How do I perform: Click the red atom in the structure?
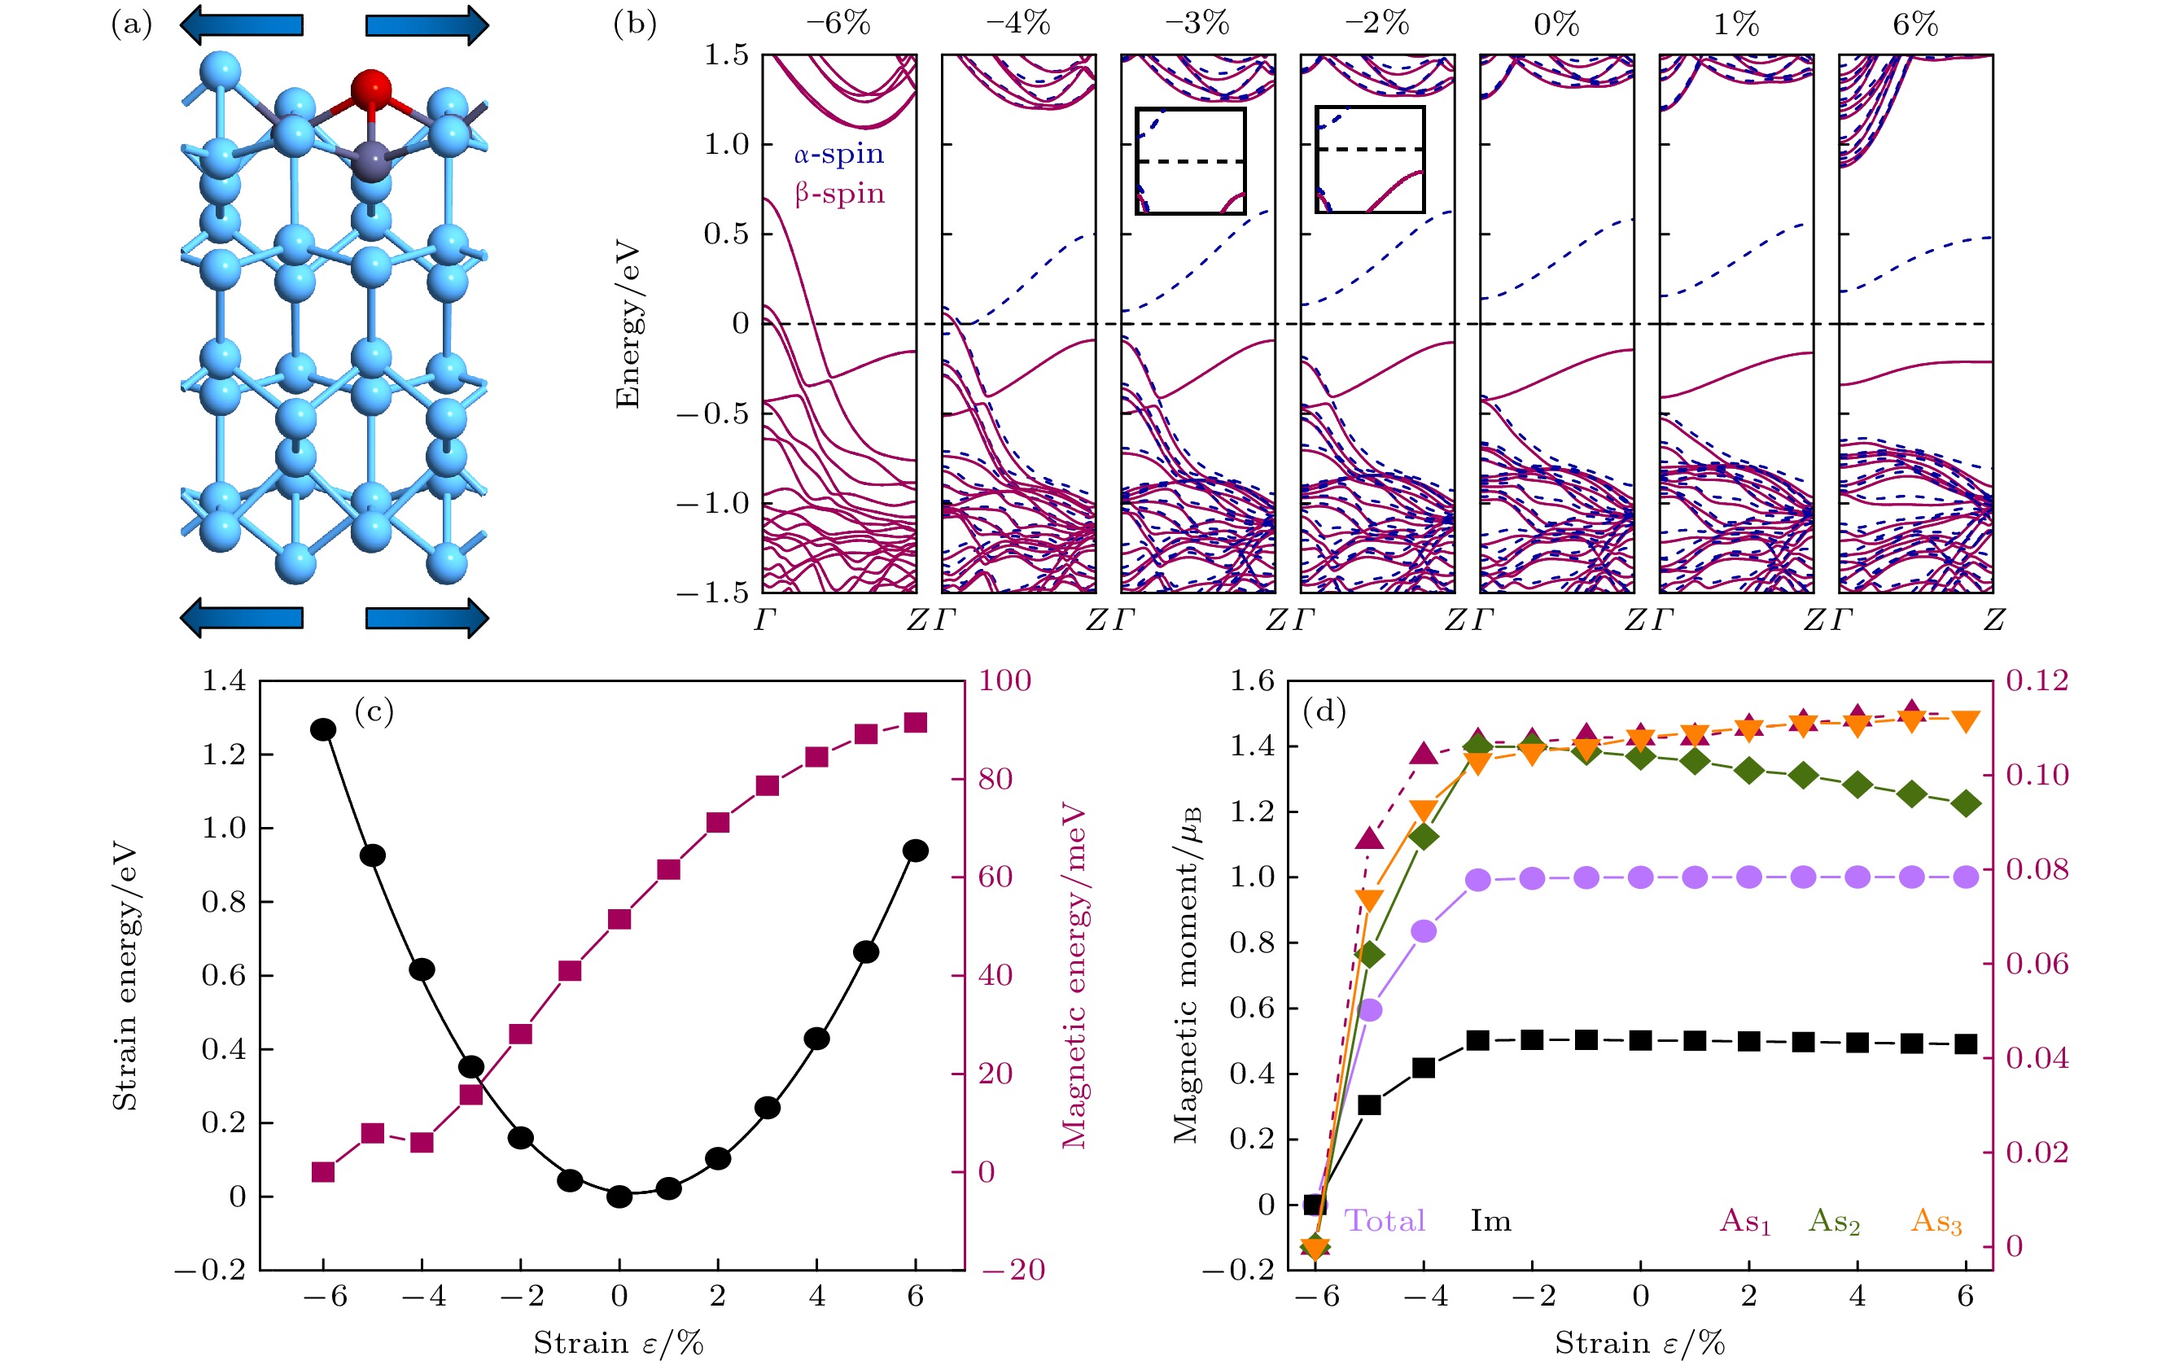tap(371, 90)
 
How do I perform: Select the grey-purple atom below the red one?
tap(370, 162)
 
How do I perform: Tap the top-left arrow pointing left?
tap(241, 24)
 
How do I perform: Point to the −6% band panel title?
tap(838, 24)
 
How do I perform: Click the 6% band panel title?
tap(1914, 24)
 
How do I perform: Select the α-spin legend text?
tap(838, 155)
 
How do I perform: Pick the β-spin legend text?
tap(838, 193)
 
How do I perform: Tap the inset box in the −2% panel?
tap(1370, 160)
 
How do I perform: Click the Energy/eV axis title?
tap(628, 324)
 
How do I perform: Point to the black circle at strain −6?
tap(323, 729)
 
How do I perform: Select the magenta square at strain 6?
tap(915, 723)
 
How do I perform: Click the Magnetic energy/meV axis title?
tap(1074, 975)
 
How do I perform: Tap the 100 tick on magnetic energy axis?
tap(1004, 680)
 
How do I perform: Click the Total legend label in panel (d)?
tap(1385, 1221)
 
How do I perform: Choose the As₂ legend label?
tap(1834, 1222)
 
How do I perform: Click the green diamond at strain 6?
tap(1966, 803)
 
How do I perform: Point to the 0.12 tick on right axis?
tap(2037, 680)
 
